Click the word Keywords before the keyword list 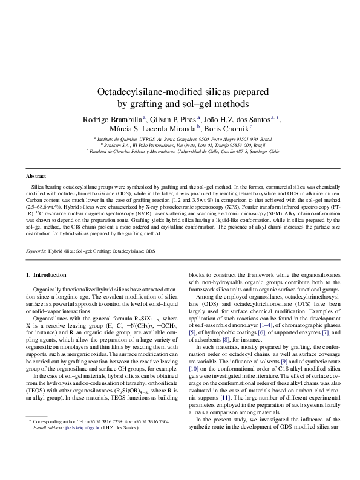tap(35, 250)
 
